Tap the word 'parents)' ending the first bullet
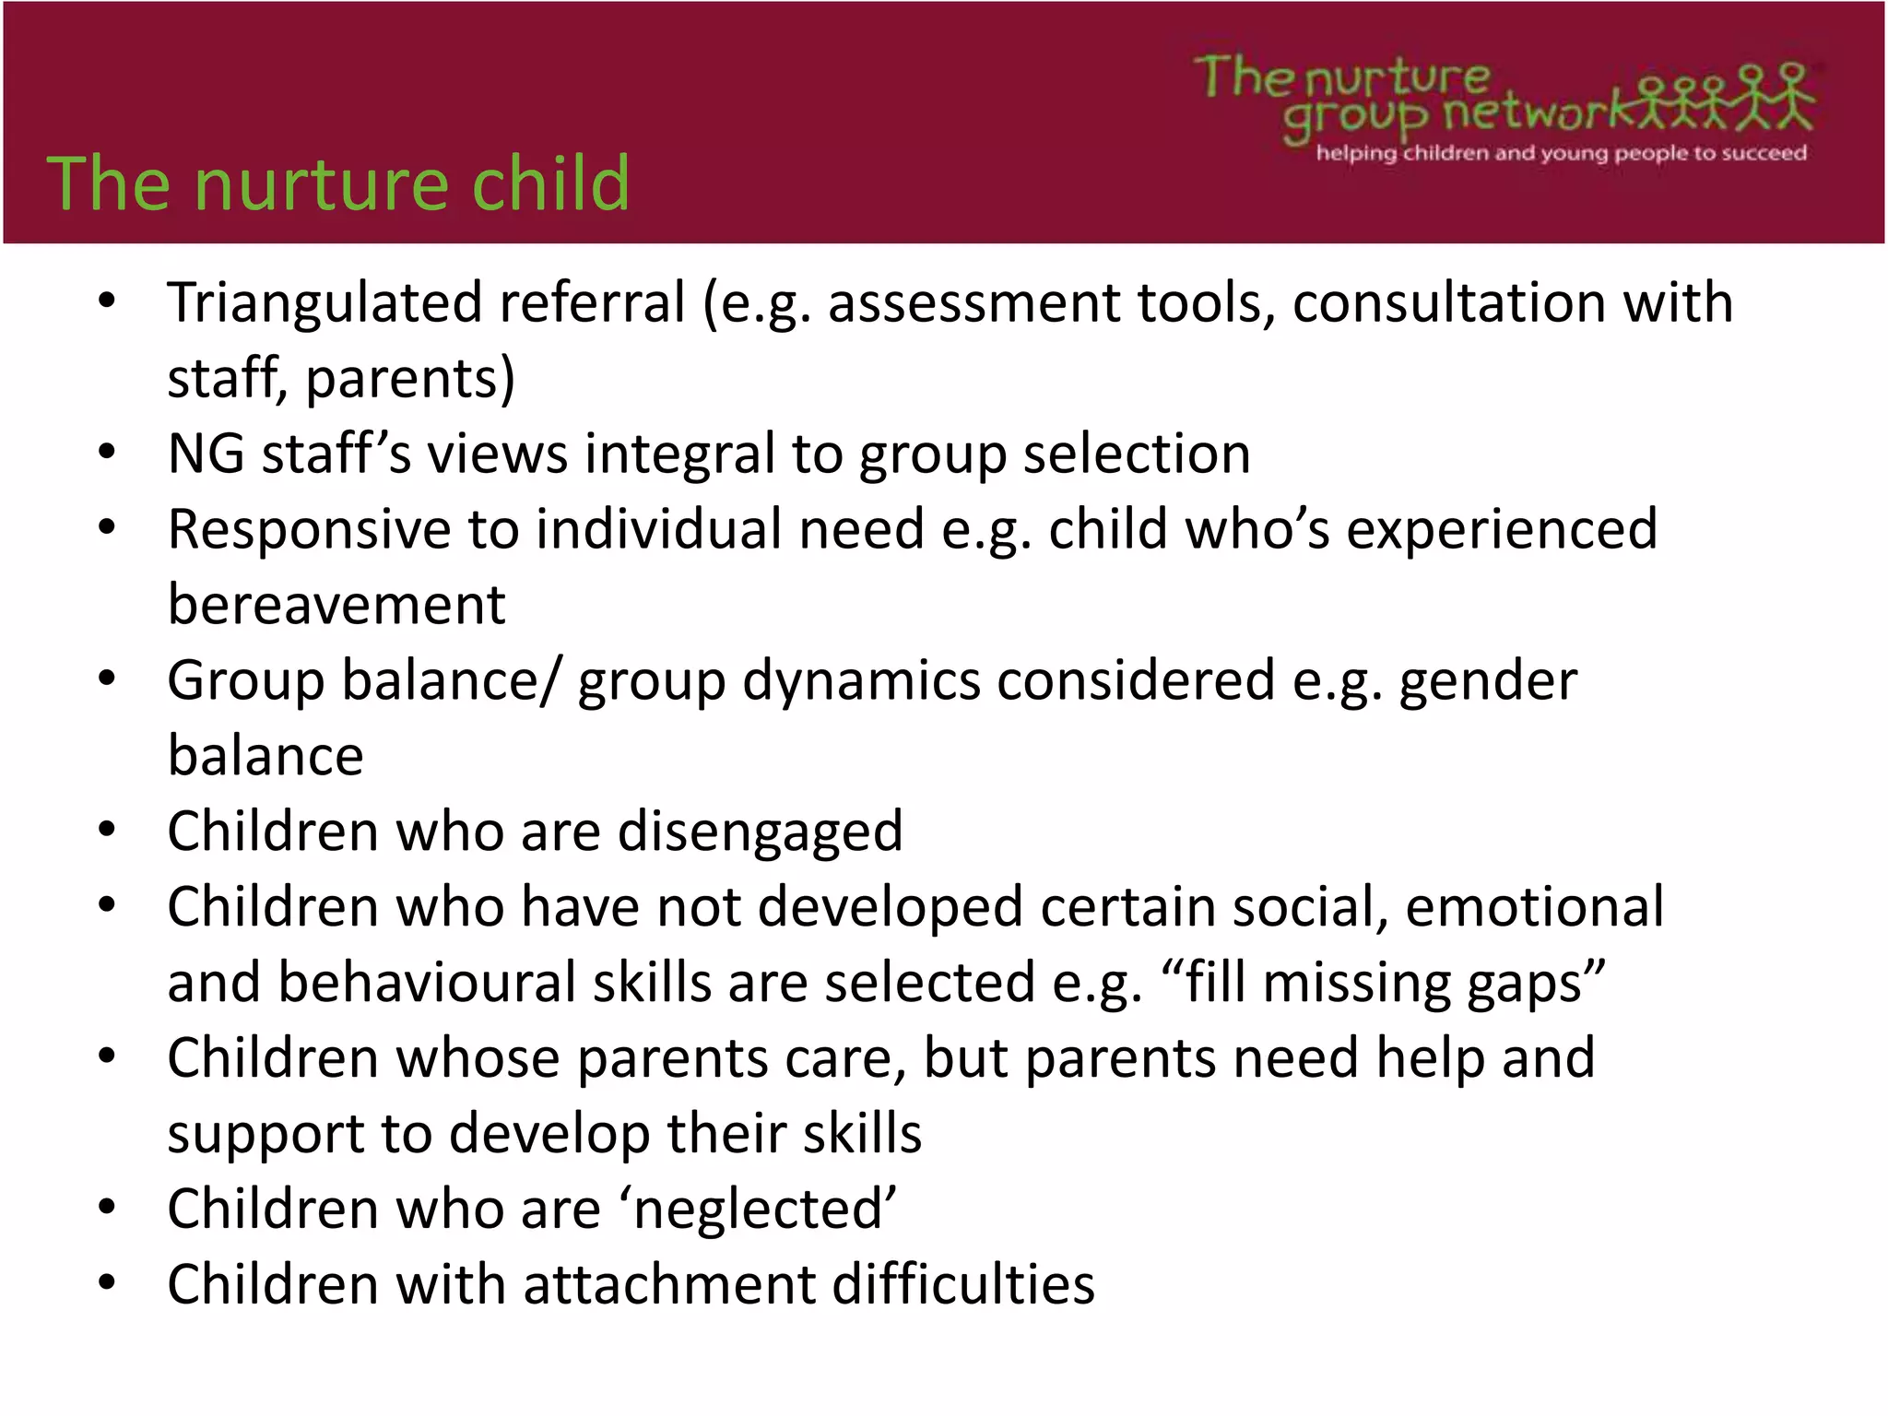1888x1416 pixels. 410,379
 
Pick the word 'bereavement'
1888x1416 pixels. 336,606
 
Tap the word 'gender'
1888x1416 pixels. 1487,681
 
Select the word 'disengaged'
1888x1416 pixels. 760,832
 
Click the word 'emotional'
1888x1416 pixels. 1534,907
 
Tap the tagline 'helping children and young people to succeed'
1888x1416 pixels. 1561,153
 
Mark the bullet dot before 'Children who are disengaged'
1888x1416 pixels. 107,831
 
